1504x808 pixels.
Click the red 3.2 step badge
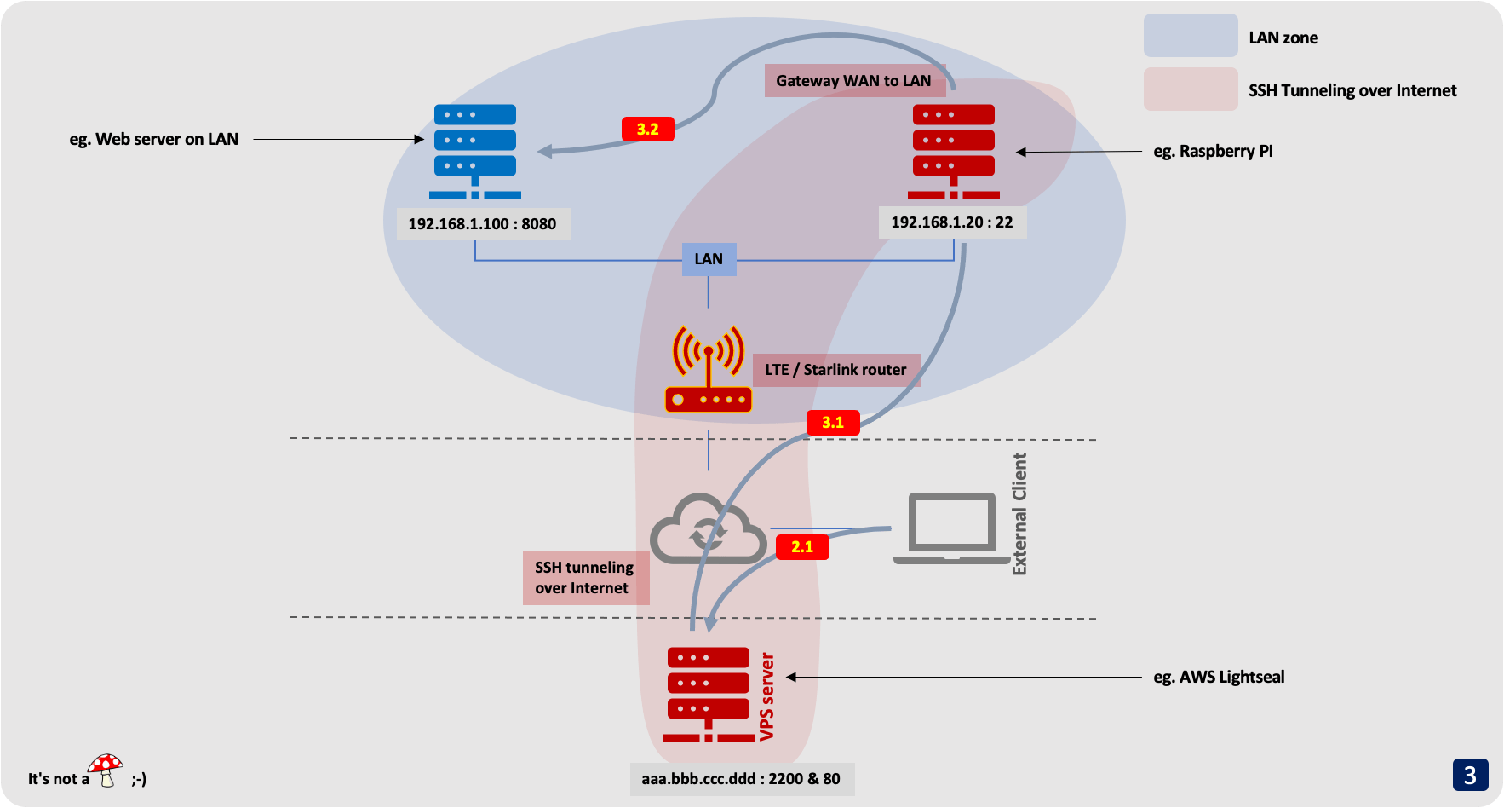tap(647, 130)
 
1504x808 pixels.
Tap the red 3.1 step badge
tap(832, 423)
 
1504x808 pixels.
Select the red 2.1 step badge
tap(802, 547)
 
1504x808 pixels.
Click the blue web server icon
tap(475, 151)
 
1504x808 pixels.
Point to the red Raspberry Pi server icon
tap(953, 151)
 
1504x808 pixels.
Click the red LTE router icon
tap(708, 370)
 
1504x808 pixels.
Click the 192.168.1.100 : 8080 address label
tap(482, 224)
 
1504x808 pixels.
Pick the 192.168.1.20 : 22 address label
tap(951, 222)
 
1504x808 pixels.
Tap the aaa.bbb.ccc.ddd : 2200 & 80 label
tap(741, 779)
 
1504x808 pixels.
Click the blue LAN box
tap(709, 259)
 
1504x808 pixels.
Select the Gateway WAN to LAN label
tap(853, 81)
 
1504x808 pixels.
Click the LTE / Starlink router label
tap(835, 370)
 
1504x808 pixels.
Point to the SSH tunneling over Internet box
tap(585, 578)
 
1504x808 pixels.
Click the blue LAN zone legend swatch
tap(1190, 36)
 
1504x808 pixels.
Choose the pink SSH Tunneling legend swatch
tap(1190, 89)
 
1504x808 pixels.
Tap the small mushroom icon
tap(106, 770)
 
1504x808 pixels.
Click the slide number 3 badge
tap(1470, 775)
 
